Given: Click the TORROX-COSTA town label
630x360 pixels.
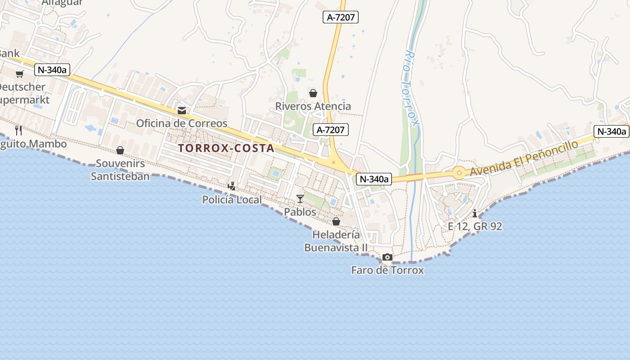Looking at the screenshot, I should point(226,148).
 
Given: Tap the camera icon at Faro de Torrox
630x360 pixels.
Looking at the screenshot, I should point(387,257).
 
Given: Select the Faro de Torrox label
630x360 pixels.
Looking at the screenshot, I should point(387,270).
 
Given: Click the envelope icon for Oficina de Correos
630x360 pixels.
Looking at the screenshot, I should point(182,111).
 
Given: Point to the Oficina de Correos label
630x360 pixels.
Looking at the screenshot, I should point(182,123).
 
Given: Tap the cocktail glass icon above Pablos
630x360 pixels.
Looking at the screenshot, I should point(300,198).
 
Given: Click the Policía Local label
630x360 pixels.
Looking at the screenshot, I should point(232,199).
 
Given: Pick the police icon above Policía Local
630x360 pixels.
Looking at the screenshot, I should point(232,186).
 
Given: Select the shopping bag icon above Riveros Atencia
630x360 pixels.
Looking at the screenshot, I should point(313,93).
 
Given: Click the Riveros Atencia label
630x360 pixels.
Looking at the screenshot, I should point(313,106).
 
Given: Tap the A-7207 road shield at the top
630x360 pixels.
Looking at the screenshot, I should point(340,18).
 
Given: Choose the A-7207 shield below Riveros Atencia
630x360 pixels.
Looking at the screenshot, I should point(331,130).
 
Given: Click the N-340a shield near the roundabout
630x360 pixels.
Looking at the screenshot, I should point(373,179).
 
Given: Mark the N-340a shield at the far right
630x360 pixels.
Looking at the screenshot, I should point(611,131).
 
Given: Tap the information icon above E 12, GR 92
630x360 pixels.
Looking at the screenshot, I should point(475,213).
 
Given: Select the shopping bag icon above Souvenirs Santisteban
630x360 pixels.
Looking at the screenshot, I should point(120,150).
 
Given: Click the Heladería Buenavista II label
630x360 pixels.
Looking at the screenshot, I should point(336,241).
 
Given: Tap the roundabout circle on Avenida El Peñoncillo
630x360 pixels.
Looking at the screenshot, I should point(459,172).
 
